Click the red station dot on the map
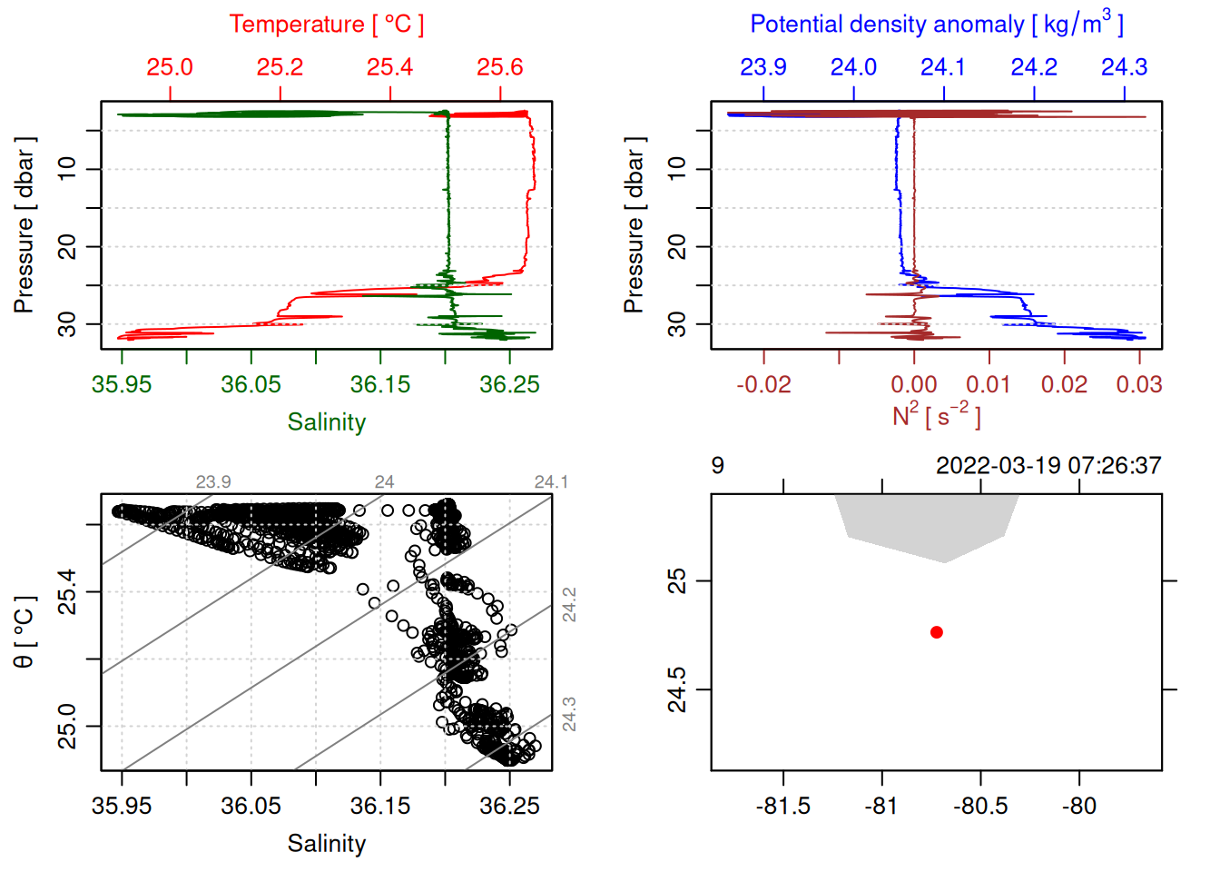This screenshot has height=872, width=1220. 936,632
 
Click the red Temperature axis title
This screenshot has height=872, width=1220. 326,25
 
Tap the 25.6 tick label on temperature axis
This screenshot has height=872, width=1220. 500,67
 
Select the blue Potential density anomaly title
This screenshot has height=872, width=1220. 936,24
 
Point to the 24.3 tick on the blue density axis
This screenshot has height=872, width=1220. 1124,67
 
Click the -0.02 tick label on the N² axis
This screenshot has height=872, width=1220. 763,384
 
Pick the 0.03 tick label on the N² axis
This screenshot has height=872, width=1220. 1139,384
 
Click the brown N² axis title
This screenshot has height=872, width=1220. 936,415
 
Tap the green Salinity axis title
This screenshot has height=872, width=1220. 326,422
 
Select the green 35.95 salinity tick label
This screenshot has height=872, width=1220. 122,384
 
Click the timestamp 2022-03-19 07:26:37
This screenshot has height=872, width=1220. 1048,466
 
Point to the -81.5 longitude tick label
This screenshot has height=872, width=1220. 782,806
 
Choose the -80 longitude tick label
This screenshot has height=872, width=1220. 1078,806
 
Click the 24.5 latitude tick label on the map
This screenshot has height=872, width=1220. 677,689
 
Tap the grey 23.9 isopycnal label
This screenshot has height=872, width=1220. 213,482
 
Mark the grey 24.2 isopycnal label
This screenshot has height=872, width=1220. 569,605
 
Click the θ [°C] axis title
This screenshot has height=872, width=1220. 25,632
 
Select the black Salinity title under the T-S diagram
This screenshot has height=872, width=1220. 326,844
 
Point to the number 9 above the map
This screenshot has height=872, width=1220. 718,466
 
